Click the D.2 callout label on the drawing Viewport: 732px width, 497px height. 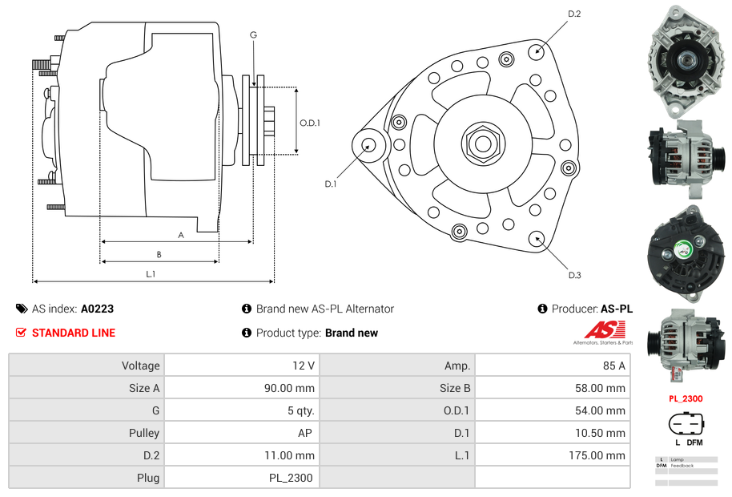click(574, 14)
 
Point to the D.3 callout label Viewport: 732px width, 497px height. click(574, 275)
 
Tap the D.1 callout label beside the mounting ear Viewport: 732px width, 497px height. click(330, 184)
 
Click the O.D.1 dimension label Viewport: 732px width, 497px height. click(310, 123)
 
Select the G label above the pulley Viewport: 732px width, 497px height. click(253, 34)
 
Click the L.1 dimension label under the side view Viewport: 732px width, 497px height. click(151, 274)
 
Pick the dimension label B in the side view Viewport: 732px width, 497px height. click(159, 254)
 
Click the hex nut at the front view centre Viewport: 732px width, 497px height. click(482, 143)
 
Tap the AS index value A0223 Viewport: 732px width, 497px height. click(98, 309)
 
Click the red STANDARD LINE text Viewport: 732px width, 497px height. click(73, 333)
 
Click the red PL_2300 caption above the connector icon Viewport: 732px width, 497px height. click(686, 398)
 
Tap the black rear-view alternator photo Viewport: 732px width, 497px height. click(686, 250)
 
